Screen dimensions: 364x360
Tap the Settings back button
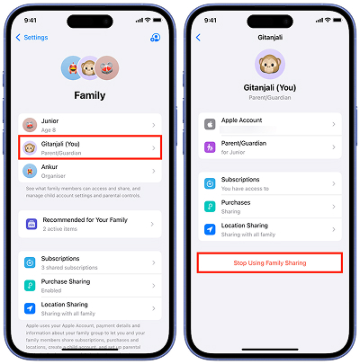point(33,38)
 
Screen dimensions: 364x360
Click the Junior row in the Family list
point(89,126)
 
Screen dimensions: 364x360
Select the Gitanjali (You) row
point(89,147)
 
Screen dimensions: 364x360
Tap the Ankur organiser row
point(89,170)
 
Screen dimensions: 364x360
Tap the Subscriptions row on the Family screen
point(89,262)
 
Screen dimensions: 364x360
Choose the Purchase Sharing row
point(89,286)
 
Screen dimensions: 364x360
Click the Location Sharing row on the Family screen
point(89,309)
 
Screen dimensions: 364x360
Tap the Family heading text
point(89,94)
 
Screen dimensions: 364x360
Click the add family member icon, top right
point(155,38)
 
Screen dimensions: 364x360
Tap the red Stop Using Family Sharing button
point(270,262)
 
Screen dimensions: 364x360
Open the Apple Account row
point(270,123)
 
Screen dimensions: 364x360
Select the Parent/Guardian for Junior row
point(270,146)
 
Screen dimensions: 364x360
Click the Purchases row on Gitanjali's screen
point(270,206)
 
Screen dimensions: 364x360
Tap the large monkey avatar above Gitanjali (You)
point(270,63)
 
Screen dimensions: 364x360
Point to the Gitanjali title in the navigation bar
point(269,38)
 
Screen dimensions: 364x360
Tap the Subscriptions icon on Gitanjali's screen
point(210,182)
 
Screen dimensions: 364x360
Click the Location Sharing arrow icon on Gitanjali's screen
point(210,229)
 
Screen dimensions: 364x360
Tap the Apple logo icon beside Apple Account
point(210,124)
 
